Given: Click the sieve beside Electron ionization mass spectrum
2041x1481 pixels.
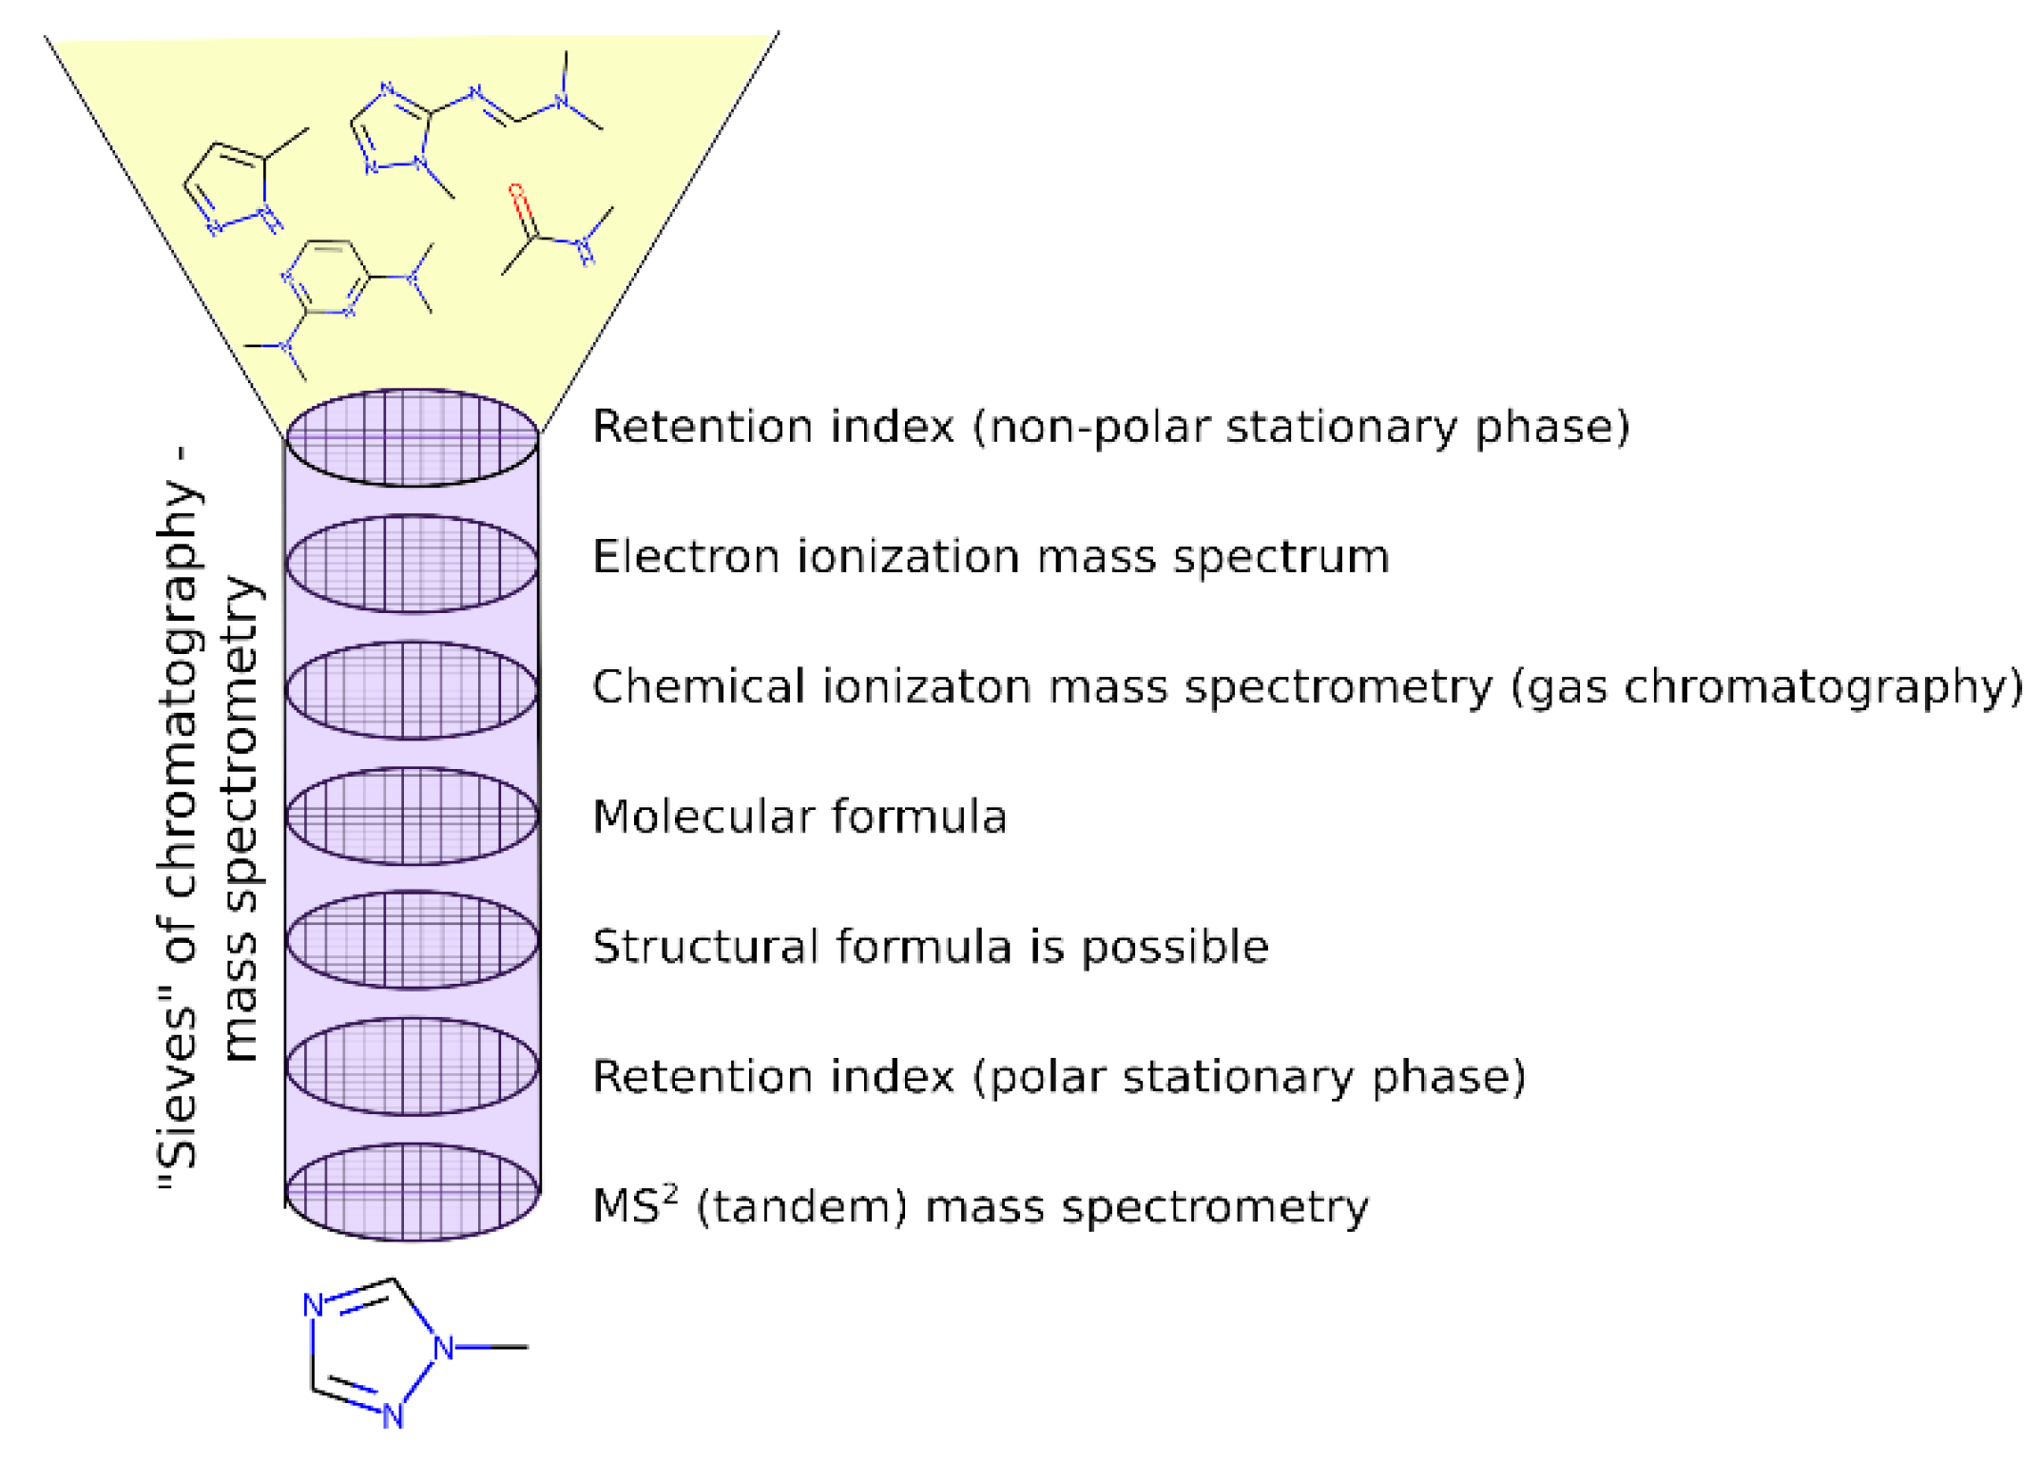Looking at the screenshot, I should coord(412,564).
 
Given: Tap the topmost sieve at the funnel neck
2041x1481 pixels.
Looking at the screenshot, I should coord(412,437).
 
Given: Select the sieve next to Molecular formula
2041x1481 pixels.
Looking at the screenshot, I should coord(412,816).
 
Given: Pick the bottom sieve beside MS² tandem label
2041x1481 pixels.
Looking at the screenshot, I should coord(412,1191).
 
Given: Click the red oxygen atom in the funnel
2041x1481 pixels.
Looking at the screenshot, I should coord(516,191).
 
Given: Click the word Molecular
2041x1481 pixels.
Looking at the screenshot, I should coord(703,817).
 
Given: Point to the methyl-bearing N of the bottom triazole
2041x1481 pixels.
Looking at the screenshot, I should coord(443,1347).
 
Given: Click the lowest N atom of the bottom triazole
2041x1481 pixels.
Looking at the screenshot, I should coord(393,1416).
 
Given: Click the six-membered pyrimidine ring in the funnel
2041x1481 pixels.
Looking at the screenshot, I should coord(326,279).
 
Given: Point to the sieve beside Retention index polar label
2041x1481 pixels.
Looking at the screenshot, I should coord(412,1066).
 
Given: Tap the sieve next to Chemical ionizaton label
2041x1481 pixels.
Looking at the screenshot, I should coord(412,690).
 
